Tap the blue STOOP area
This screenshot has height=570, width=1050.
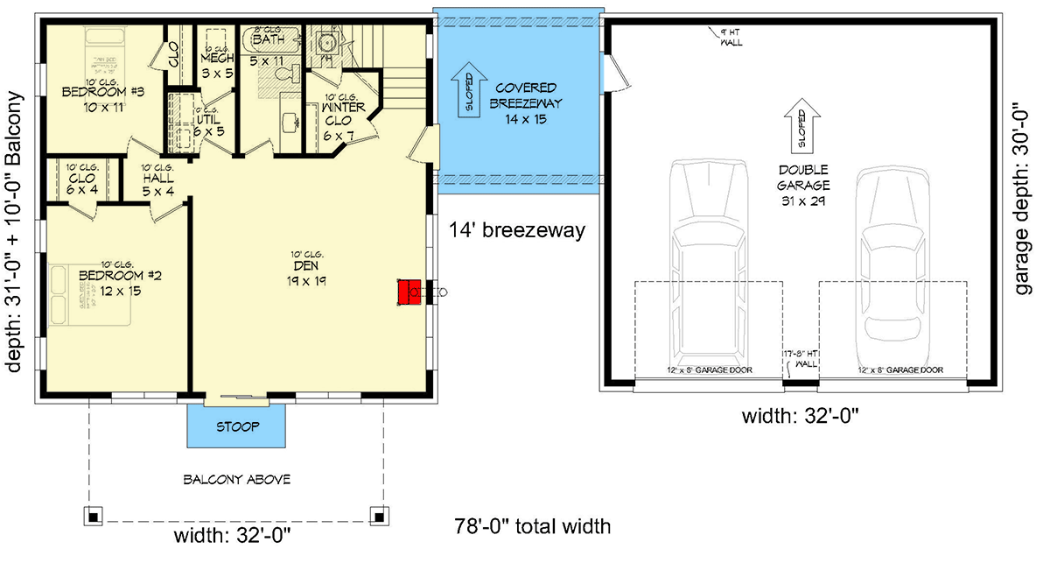pyautogui.click(x=238, y=427)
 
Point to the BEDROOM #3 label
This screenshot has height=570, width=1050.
pyautogui.click(x=91, y=97)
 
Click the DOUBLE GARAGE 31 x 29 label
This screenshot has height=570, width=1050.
pyautogui.click(x=800, y=184)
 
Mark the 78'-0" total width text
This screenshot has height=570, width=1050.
pyautogui.click(x=532, y=527)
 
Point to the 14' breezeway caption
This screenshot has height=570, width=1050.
pyautogui.click(x=516, y=232)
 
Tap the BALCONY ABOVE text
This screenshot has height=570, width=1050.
pyautogui.click(x=236, y=480)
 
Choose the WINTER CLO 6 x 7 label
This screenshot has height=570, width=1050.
pyautogui.click(x=338, y=116)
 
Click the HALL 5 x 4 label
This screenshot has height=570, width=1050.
pyautogui.click(x=158, y=179)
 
